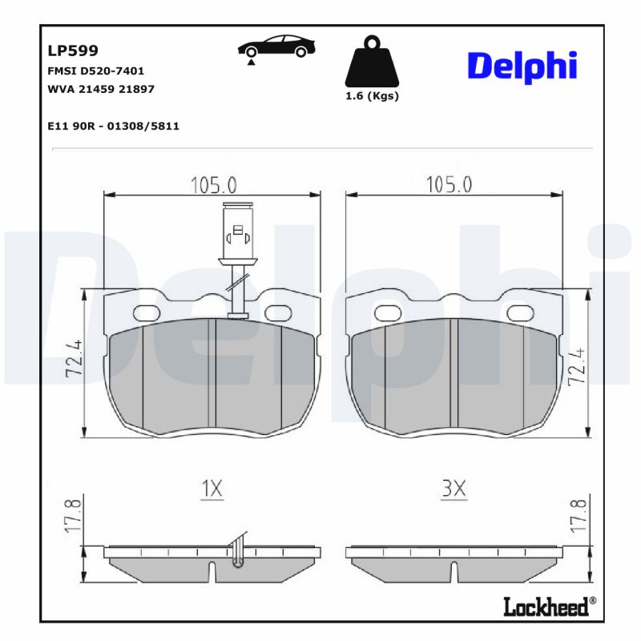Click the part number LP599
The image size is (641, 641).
click(73, 50)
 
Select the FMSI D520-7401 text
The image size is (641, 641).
click(96, 71)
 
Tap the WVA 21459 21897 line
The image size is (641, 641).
click(101, 89)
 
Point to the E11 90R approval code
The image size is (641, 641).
click(113, 126)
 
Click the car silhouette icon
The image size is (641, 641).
click(276, 48)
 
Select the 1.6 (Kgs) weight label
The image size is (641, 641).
click(371, 96)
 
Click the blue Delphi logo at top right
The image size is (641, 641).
click(522, 66)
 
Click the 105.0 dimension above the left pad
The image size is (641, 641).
click(213, 185)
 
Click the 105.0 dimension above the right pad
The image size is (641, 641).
click(449, 185)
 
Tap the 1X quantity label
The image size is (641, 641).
click(212, 488)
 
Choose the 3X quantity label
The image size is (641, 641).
click(454, 488)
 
